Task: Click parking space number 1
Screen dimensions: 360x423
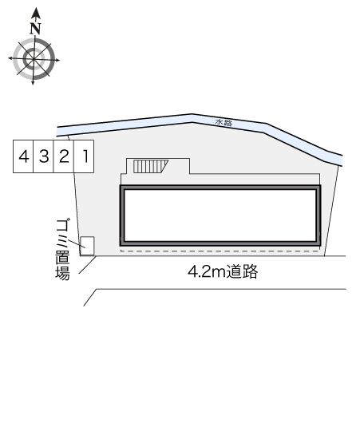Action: [84, 156]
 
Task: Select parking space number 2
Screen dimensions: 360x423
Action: [64, 156]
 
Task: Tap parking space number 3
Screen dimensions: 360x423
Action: [43, 156]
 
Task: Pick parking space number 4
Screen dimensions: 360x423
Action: [23, 156]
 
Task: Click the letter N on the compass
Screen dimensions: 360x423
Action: [35, 29]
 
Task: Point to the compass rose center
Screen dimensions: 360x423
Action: [34, 59]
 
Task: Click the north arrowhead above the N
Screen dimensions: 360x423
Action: [36, 13]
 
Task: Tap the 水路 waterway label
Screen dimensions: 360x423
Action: [224, 123]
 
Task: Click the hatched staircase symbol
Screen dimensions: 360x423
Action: [150, 166]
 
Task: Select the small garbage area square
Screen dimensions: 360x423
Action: [88, 246]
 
